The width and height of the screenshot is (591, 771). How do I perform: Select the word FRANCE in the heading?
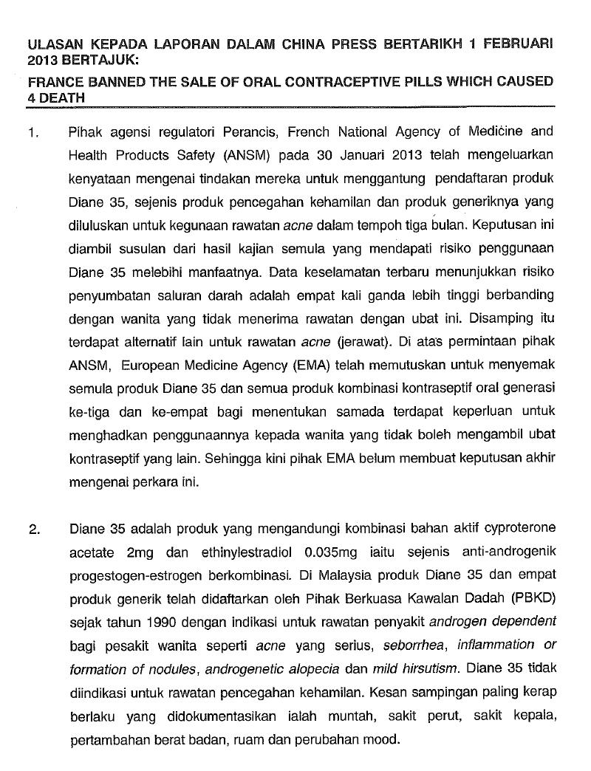(52, 82)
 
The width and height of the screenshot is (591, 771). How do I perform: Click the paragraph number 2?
(32, 529)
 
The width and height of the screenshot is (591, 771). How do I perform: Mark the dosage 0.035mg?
(319, 552)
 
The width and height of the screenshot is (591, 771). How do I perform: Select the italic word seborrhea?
(414, 645)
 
